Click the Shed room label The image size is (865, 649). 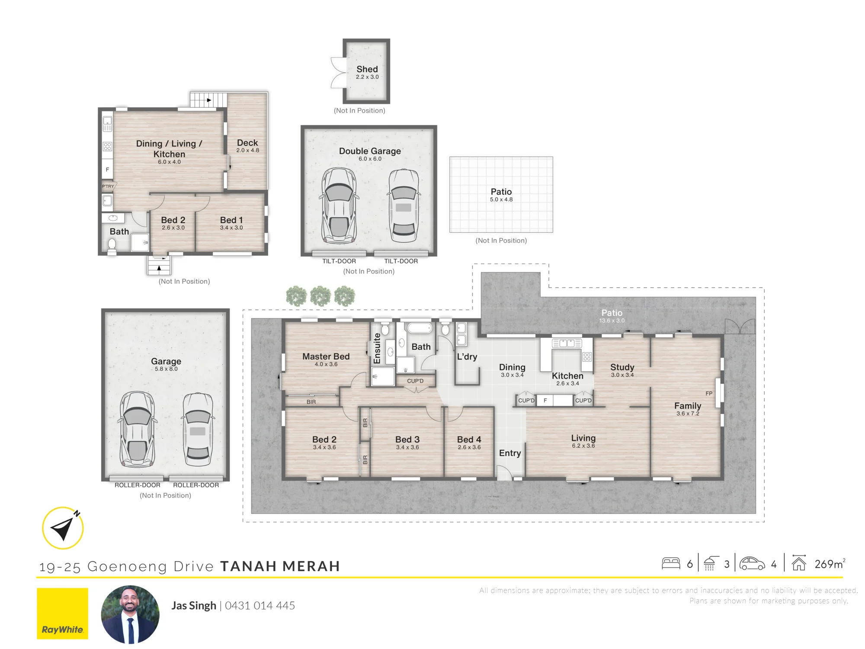click(367, 69)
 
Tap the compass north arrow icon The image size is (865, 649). click(63, 528)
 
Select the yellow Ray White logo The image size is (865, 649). click(62, 614)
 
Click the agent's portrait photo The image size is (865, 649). click(130, 614)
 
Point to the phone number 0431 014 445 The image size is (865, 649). click(260, 606)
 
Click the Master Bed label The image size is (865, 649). click(326, 357)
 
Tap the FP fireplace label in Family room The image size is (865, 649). click(709, 393)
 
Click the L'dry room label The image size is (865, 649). click(467, 357)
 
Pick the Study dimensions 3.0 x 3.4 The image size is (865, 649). click(622, 375)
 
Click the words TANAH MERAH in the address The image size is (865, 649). click(280, 566)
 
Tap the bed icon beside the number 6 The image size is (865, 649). click(671, 563)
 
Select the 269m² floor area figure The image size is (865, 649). click(830, 564)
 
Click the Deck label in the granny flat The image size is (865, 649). click(247, 143)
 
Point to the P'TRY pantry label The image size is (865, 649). click(108, 186)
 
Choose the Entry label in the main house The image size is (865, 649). click(510, 453)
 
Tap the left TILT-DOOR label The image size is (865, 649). click(339, 261)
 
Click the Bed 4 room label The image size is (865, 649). click(469, 440)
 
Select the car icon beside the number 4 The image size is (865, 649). click(752, 563)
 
